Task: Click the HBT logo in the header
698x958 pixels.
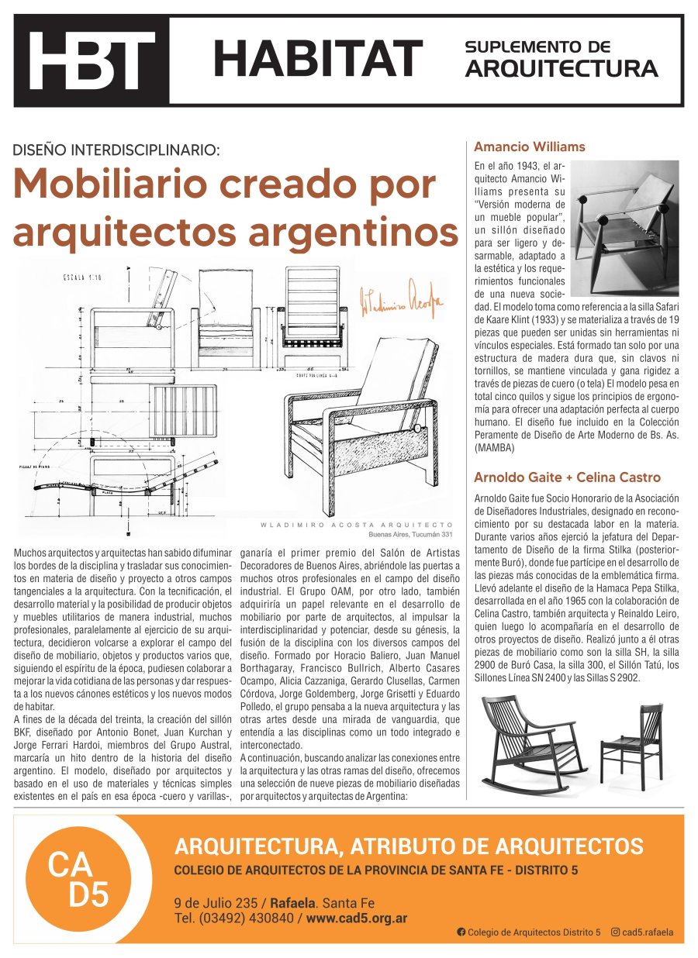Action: point(91,60)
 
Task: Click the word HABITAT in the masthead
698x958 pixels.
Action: point(317,59)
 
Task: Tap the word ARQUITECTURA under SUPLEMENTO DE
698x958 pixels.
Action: point(561,69)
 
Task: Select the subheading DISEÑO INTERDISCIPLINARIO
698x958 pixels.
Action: point(116,150)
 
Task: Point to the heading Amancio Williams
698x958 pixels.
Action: point(529,146)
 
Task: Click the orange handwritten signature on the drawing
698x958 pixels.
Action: point(402,303)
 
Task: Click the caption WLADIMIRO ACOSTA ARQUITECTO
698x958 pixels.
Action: point(356,526)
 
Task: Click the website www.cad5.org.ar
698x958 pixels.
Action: point(357,918)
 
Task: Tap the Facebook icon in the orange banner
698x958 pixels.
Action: point(461,932)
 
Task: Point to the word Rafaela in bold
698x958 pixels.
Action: point(292,903)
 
